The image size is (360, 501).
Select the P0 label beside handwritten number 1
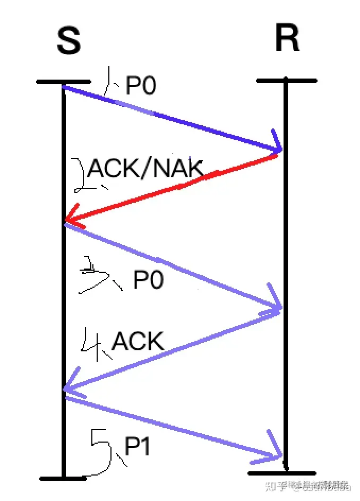(141, 85)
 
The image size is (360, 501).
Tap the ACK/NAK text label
(145, 169)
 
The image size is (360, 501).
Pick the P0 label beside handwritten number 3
(148, 280)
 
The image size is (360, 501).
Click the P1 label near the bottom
(138, 448)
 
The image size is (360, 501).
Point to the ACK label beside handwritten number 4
(138, 341)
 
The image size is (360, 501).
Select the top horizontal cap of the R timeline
(287, 81)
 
